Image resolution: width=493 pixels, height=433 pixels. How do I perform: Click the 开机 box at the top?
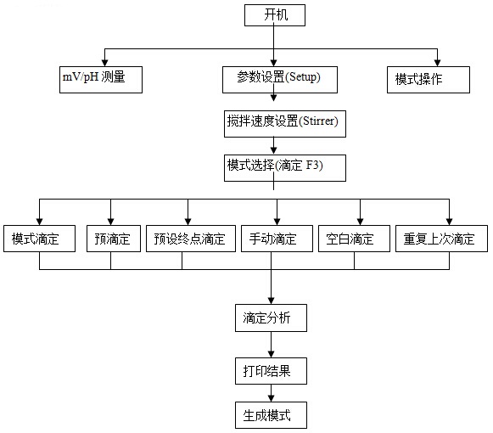pos(275,15)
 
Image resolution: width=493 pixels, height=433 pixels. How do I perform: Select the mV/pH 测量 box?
pos(101,80)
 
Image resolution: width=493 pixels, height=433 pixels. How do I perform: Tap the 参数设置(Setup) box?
pos(280,80)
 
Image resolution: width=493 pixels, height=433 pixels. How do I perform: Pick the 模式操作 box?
pos(429,80)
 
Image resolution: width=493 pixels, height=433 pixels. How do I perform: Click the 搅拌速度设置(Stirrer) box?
pos(285,124)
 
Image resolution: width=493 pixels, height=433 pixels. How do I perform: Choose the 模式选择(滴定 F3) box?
pos(285,168)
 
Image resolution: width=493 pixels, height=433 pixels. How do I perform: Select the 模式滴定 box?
pos(39,239)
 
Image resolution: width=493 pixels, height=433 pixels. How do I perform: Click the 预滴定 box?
pos(114,239)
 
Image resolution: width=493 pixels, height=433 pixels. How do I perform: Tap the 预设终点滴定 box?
pos(191,239)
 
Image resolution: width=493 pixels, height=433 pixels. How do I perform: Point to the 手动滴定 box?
pos(277,239)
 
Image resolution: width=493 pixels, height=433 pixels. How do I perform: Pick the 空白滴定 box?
pos(354,239)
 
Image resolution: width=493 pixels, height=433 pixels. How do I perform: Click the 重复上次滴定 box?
pos(441,239)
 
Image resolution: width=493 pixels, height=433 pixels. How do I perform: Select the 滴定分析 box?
pos(271,318)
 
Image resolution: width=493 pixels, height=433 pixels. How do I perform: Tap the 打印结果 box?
pos(271,371)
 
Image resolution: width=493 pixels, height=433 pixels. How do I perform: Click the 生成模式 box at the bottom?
pos(271,415)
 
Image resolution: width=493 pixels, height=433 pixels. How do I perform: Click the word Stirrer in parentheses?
pos(318,121)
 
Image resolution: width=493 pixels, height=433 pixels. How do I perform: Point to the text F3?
pos(312,165)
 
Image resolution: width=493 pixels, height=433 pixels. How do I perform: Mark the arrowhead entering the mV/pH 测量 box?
pos(104,63)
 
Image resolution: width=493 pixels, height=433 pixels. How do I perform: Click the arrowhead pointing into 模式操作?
pos(437,63)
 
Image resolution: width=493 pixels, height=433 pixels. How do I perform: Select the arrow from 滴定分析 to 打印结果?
pos(271,345)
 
